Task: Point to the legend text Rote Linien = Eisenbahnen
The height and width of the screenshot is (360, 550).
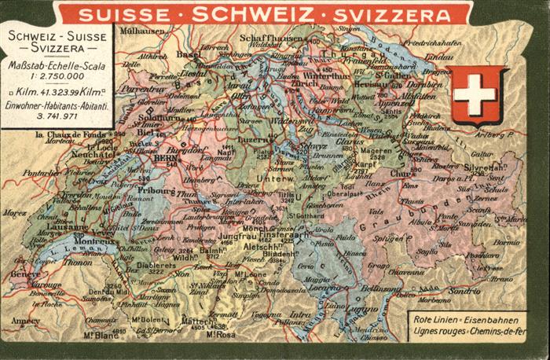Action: [465, 321]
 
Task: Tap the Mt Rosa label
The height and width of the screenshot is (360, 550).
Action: [219, 334]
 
